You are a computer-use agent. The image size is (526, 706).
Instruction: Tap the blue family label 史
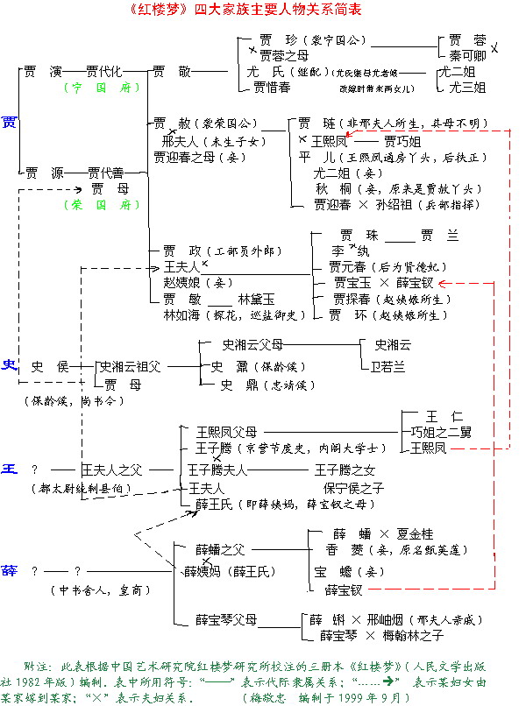10,365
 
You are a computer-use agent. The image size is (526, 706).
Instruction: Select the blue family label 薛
10,570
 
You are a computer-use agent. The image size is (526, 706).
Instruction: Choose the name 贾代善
105,173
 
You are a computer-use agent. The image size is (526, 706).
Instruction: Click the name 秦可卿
467,54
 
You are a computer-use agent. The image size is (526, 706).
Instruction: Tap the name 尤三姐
467,88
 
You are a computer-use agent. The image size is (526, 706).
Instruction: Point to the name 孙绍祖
401,204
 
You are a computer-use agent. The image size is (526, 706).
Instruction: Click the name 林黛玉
256,299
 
